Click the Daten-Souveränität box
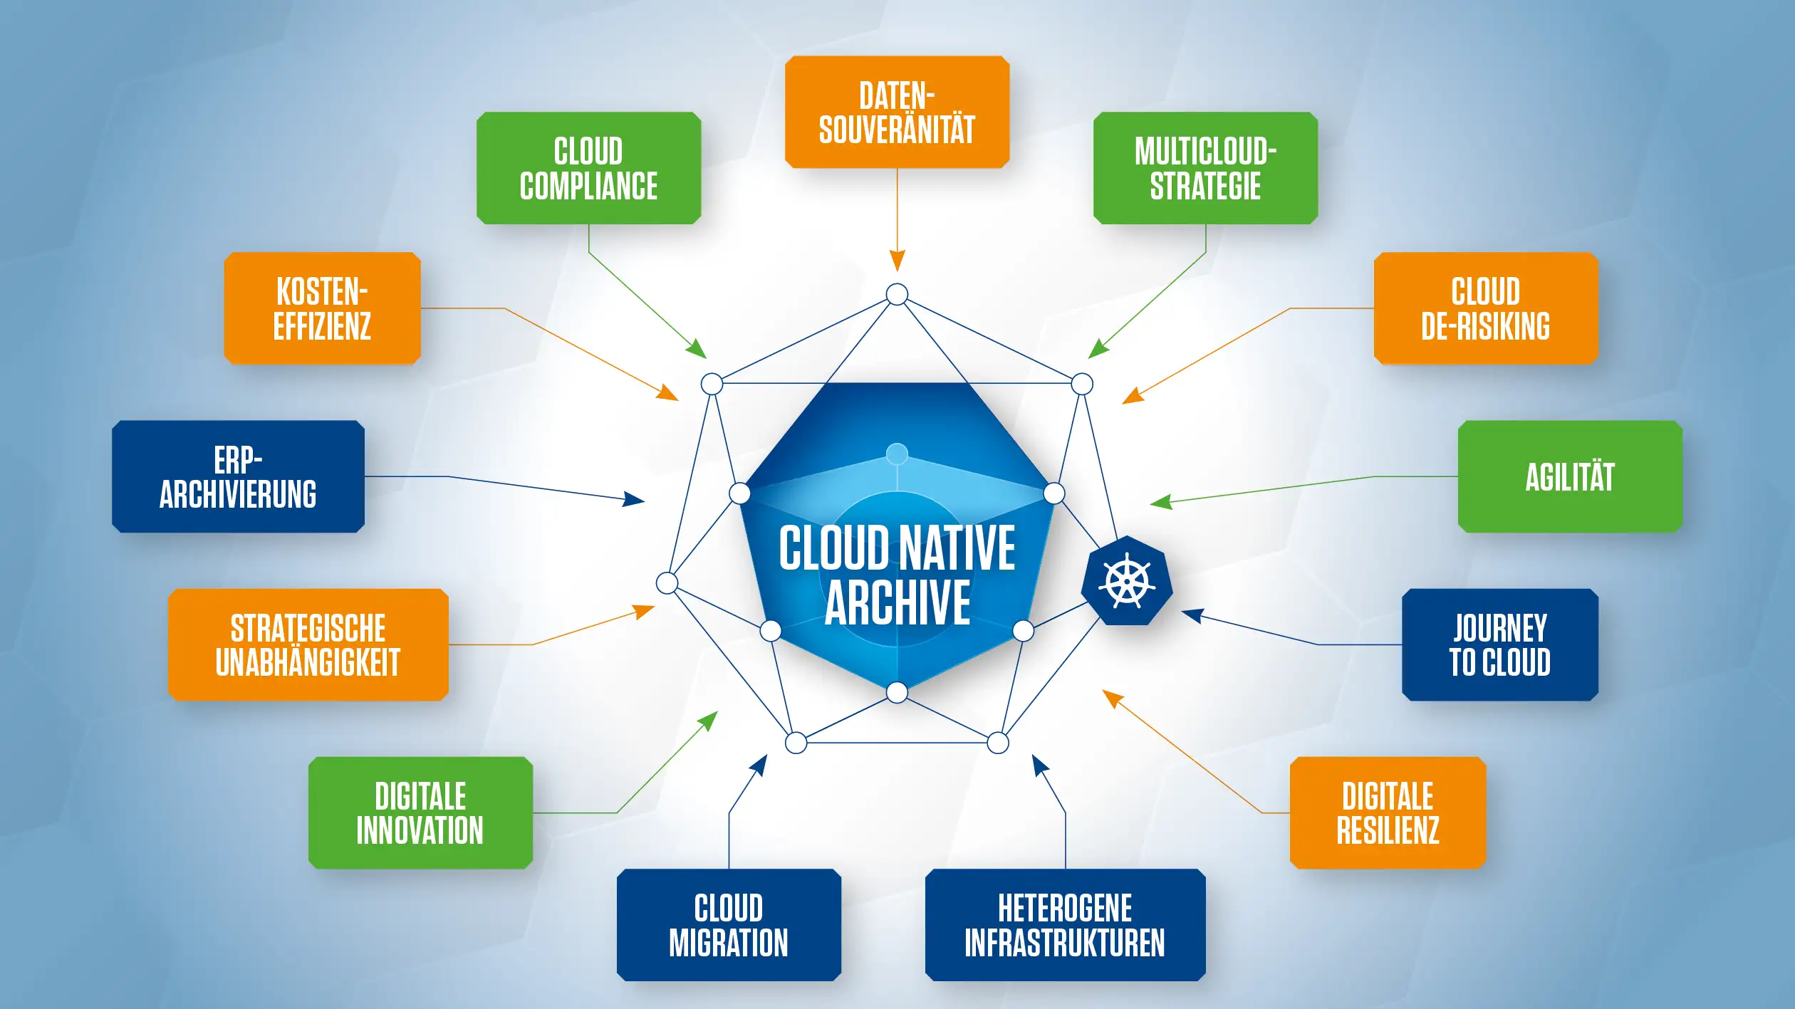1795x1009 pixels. click(897, 113)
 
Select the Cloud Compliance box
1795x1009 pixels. click(588, 168)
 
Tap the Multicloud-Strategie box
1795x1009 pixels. click(1205, 168)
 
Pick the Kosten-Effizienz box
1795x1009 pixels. click(322, 308)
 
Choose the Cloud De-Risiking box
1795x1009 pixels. click(1485, 308)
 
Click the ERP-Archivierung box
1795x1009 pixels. click(238, 476)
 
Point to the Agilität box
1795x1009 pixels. click(1569, 476)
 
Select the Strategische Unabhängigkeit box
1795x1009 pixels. click(308, 644)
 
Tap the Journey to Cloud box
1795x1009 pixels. click(1499, 644)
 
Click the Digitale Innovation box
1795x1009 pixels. click(420, 812)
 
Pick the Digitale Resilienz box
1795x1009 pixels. click(1388, 812)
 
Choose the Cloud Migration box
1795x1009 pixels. click(729, 924)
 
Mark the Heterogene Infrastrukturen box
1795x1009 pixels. click(1065, 924)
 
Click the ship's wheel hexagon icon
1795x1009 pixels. click(1127, 581)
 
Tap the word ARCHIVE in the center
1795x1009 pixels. click(897, 603)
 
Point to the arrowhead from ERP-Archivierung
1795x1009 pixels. click(634, 499)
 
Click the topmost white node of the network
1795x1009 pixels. click(897, 294)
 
